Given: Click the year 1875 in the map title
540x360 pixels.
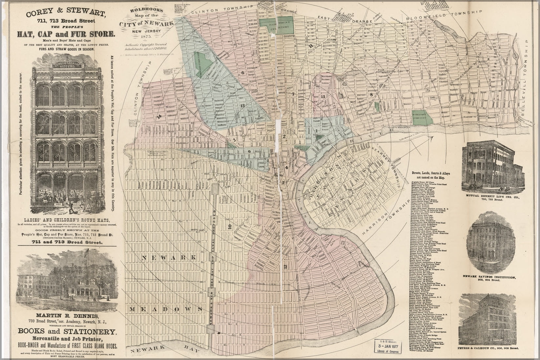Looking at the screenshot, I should pyautogui.click(x=142, y=36).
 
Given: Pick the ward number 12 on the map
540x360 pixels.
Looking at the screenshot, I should pyautogui.click(x=285, y=266).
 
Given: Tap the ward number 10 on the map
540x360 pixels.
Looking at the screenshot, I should pyautogui.click(x=230, y=226).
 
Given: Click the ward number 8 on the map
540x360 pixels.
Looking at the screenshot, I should pyautogui.click(x=371, y=95).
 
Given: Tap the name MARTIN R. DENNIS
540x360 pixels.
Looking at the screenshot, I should pyautogui.click(x=67, y=316).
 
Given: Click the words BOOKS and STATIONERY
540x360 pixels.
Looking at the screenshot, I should pyautogui.click(x=67, y=331).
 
